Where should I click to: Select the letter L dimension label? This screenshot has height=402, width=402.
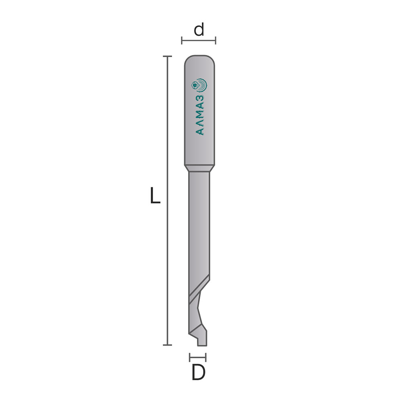(155, 195)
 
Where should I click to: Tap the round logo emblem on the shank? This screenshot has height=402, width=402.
(199, 85)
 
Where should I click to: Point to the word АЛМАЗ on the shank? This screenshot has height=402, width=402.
(200, 115)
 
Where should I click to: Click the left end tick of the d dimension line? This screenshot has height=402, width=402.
(182, 41)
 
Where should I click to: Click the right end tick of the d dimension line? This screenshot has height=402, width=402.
(215, 41)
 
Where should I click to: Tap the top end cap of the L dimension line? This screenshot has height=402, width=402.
(167, 56)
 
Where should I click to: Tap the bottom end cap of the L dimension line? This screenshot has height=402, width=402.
(167, 345)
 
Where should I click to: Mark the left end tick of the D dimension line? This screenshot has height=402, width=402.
(190, 357)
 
